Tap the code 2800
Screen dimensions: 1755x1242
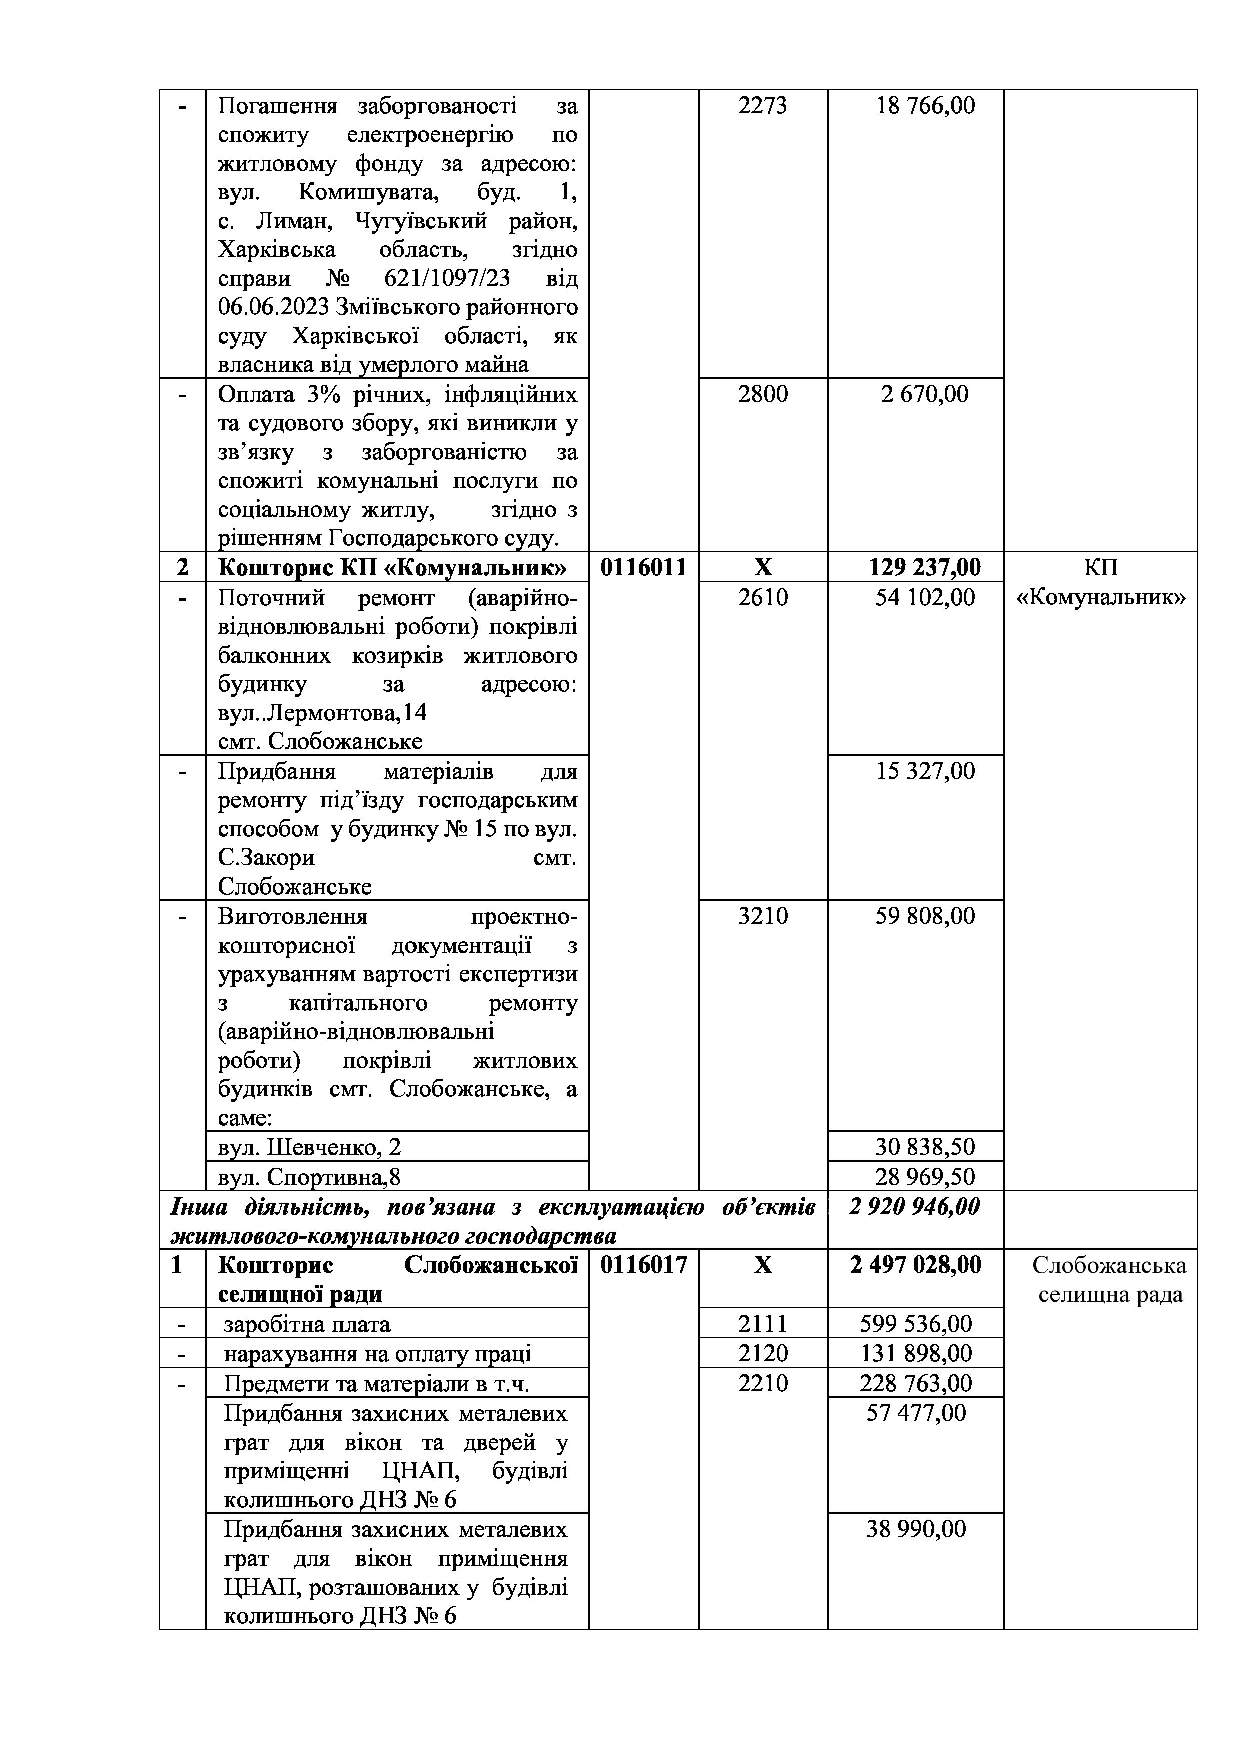pyautogui.click(x=762, y=394)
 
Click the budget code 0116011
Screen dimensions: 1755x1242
pyautogui.click(x=643, y=567)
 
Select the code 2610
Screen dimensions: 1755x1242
pyautogui.click(x=762, y=597)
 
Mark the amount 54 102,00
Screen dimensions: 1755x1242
pyautogui.click(x=926, y=597)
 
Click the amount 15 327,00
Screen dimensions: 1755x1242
pyautogui.click(x=926, y=771)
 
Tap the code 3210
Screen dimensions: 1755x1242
pyautogui.click(x=762, y=916)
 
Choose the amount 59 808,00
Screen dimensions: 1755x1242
pyautogui.click(x=926, y=916)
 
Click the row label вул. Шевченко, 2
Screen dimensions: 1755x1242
pyautogui.click(x=310, y=1147)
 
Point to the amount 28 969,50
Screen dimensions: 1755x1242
pyautogui.click(x=926, y=1176)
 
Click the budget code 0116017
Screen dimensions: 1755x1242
pyautogui.click(x=643, y=1265)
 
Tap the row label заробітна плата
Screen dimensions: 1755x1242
pyautogui.click(x=307, y=1324)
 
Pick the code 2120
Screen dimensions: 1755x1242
pyautogui.click(x=762, y=1354)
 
